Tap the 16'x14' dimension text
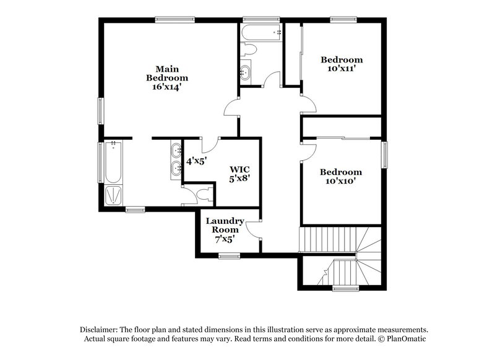166,87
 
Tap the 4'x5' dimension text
196,160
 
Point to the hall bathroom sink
246,72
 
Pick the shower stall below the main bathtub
113,195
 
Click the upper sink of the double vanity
176,149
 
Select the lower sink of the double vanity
176,167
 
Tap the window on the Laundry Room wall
229,255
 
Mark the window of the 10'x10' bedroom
384,155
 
